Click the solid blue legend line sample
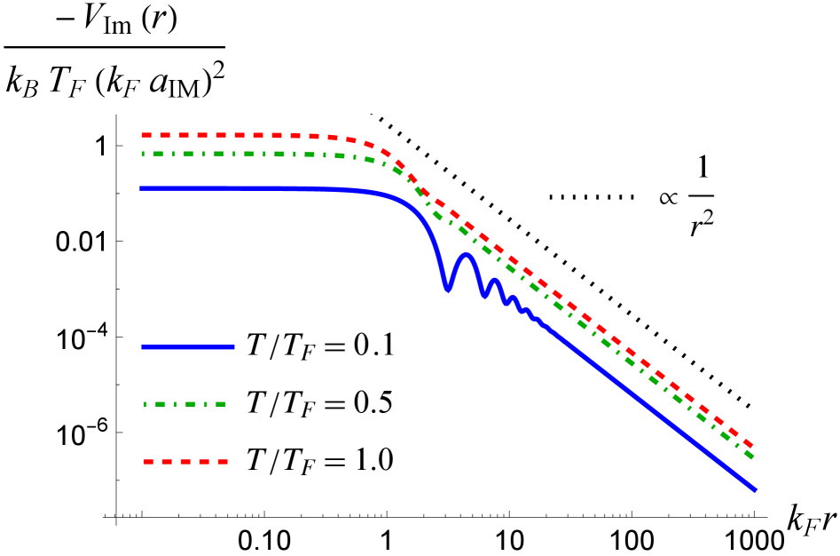click(x=188, y=347)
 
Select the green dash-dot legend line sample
click(x=185, y=404)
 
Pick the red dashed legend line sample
click(x=186, y=462)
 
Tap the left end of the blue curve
click(x=141, y=188)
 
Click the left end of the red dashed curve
click(x=143, y=135)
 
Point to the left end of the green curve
click(x=143, y=154)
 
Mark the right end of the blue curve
click(x=756, y=489)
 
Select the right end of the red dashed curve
click(x=752, y=443)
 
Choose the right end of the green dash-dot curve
click(x=752, y=457)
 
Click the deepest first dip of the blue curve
click(x=448, y=289)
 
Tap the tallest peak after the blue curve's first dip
click(x=466, y=255)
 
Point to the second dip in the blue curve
click(x=484, y=296)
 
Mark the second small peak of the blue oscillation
click(x=495, y=281)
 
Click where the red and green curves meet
click(x=420, y=189)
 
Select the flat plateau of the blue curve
click(x=239, y=188)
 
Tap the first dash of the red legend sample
click(x=149, y=462)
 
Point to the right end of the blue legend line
click(x=234, y=347)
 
